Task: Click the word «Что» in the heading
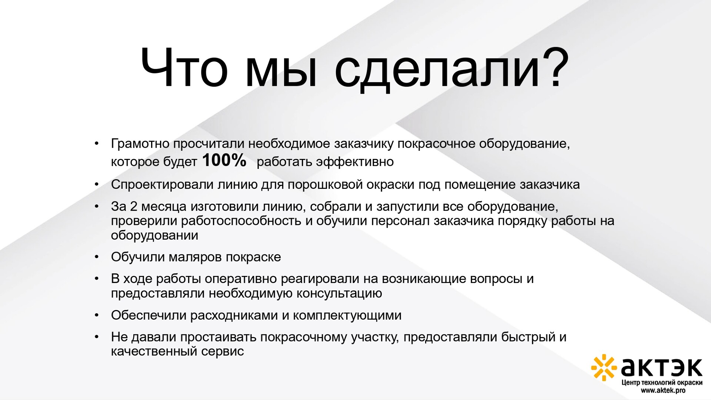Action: click(x=184, y=68)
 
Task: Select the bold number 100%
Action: click(x=224, y=160)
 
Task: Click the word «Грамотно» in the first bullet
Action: click(x=140, y=143)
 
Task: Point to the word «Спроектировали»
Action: click(x=162, y=184)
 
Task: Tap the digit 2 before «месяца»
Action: click(x=134, y=206)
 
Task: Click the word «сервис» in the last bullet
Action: click(x=223, y=351)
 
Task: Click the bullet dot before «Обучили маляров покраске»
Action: click(x=97, y=257)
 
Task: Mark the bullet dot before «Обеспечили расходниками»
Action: click(x=97, y=315)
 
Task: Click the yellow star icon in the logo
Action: click(x=604, y=367)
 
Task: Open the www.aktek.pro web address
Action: click(x=663, y=390)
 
